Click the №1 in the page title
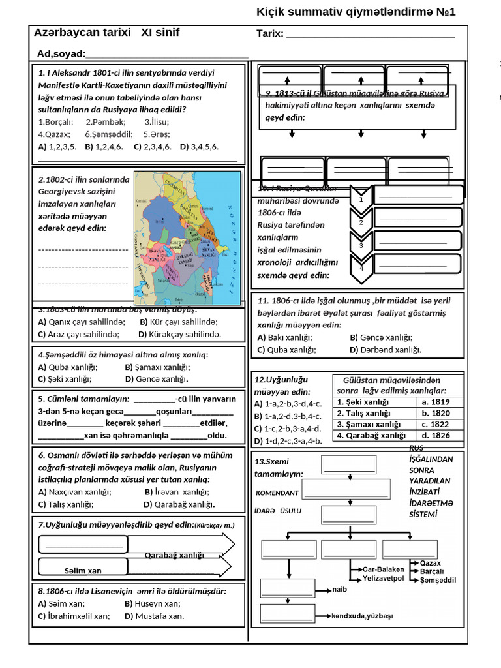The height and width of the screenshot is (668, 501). pos(444,12)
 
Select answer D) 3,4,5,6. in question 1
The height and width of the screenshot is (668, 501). pos(200,147)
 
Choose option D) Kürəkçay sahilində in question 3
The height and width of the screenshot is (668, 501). pos(180,334)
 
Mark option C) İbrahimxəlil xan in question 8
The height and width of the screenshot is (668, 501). pos(74,616)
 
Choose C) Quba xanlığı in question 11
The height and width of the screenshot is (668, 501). pos(287,350)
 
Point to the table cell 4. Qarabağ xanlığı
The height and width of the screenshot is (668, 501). pos(371,435)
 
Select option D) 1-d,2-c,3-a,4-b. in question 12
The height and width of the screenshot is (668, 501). pos(288,441)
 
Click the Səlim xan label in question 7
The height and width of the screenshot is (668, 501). pos(83,571)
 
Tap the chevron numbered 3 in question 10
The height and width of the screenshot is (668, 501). pos(361,245)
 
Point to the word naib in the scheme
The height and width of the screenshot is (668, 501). pos(340,589)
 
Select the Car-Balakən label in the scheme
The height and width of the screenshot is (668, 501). pos(384,568)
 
